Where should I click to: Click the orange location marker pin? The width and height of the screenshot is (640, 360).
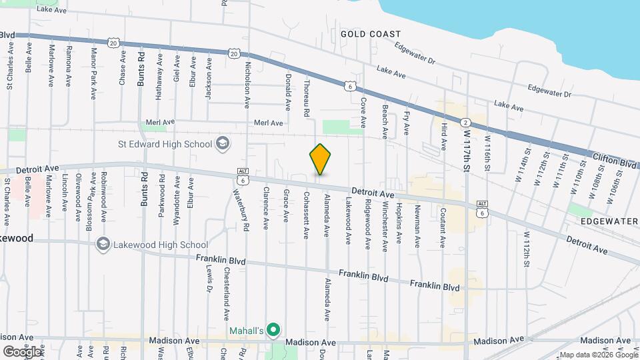320,159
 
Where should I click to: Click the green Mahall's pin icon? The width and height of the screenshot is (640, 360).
273,330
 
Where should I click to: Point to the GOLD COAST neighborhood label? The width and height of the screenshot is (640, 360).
371,34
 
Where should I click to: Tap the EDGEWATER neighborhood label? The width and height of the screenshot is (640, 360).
609,221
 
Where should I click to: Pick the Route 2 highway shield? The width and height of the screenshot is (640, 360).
465,121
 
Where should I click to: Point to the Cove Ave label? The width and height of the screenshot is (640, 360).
363,113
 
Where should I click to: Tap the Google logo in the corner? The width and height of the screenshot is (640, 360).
21,351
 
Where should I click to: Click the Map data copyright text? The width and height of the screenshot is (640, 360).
598,355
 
